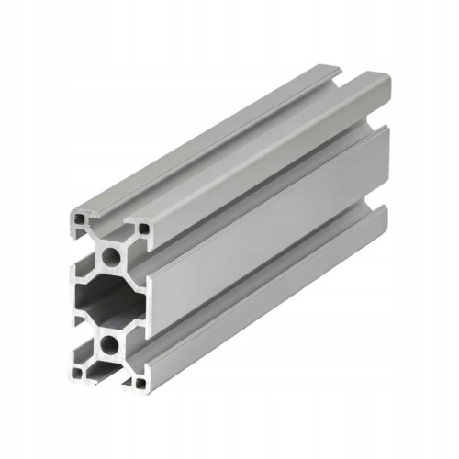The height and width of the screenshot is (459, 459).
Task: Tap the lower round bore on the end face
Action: click(x=110, y=345)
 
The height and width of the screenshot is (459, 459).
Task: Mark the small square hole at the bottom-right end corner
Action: click(x=140, y=385)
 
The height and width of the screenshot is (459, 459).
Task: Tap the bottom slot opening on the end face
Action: click(x=108, y=375)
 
